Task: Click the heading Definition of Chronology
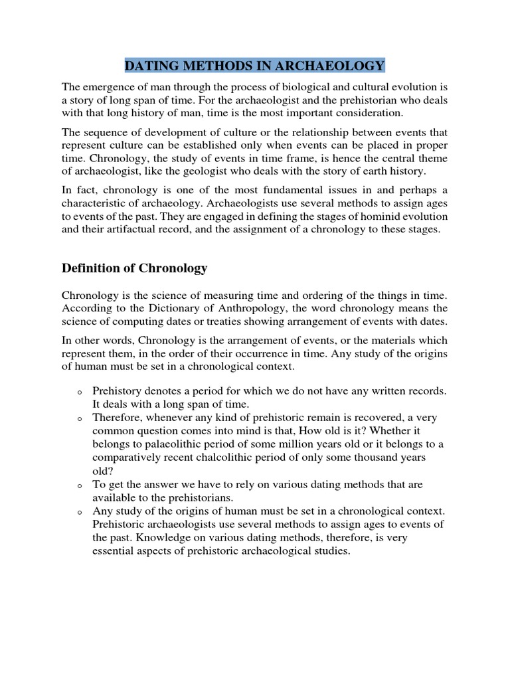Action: pos(134,268)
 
